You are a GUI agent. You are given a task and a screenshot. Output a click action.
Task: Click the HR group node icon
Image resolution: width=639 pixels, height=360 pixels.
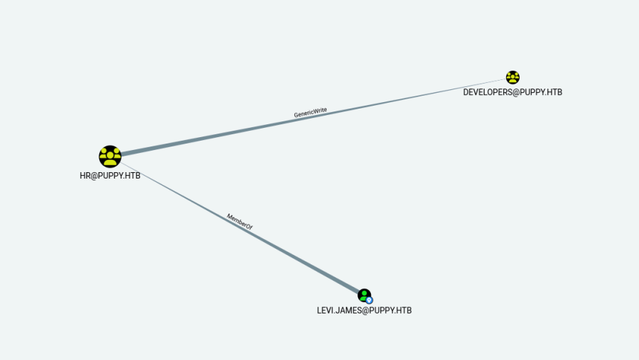[x=110, y=156]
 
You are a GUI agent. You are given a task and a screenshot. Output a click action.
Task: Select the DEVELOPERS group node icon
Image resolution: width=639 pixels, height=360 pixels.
[x=512, y=77]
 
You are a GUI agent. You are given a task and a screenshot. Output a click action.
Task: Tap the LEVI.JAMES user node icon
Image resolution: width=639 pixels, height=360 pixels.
[x=364, y=294]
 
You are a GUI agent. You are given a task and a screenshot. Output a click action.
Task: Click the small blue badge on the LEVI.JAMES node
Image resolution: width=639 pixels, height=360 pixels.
[x=370, y=300]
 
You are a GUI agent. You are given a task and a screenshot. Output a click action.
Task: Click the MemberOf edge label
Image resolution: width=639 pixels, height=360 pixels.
[x=239, y=221]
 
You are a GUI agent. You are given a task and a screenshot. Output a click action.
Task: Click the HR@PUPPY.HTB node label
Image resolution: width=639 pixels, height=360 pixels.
[x=110, y=176]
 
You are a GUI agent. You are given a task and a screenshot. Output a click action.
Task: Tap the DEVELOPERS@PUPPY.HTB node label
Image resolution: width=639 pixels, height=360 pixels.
[x=512, y=92]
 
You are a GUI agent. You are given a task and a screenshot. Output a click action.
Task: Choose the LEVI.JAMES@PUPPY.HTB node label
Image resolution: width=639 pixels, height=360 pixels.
[x=364, y=311]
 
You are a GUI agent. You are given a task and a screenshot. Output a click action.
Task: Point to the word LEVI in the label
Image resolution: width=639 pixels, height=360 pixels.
[x=325, y=311]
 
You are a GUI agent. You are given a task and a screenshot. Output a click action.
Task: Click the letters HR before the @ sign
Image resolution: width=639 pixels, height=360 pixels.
[x=85, y=176]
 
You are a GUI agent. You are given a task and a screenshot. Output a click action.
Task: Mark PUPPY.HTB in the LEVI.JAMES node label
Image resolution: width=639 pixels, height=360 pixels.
[x=392, y=311]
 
